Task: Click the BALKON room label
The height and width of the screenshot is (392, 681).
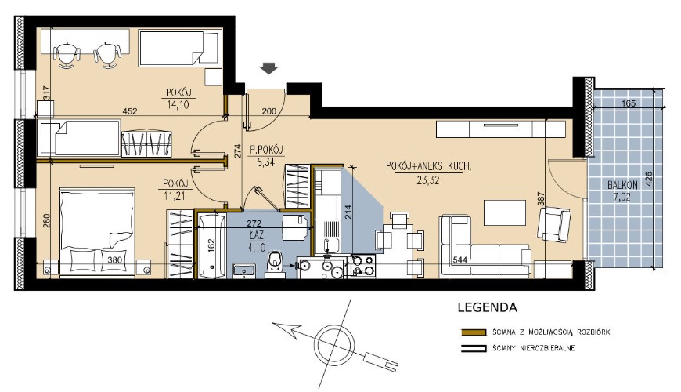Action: tap(622, 185)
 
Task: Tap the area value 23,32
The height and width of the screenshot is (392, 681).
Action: tap(428, 180)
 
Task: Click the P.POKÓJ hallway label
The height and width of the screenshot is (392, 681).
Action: tap(266, 150)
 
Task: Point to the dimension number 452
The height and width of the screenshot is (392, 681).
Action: tap(130, 111)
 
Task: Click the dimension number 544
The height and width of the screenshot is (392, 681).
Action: tap(459, 260)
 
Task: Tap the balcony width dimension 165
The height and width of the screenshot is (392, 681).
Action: tap(629, 103)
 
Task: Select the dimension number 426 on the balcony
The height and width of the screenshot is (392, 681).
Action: tap(649, 179)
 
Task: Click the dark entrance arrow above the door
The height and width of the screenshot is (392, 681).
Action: tap(268, 68)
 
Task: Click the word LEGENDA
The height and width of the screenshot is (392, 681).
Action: tap(488, 307)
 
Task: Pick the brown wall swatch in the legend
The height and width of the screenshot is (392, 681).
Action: tap(473, 332)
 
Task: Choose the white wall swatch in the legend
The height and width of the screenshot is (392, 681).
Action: tap(473, 348)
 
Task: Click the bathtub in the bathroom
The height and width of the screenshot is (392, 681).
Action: tap(211, 246)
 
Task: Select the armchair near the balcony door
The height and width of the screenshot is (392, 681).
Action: tap(553, 224)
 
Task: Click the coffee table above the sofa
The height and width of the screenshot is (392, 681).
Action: tap(505, 212)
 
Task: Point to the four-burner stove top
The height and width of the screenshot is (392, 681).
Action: tap(363, 266)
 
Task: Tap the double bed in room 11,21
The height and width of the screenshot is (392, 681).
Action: tap(97, 232)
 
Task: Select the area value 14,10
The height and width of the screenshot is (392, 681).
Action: tap(178, 104)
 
